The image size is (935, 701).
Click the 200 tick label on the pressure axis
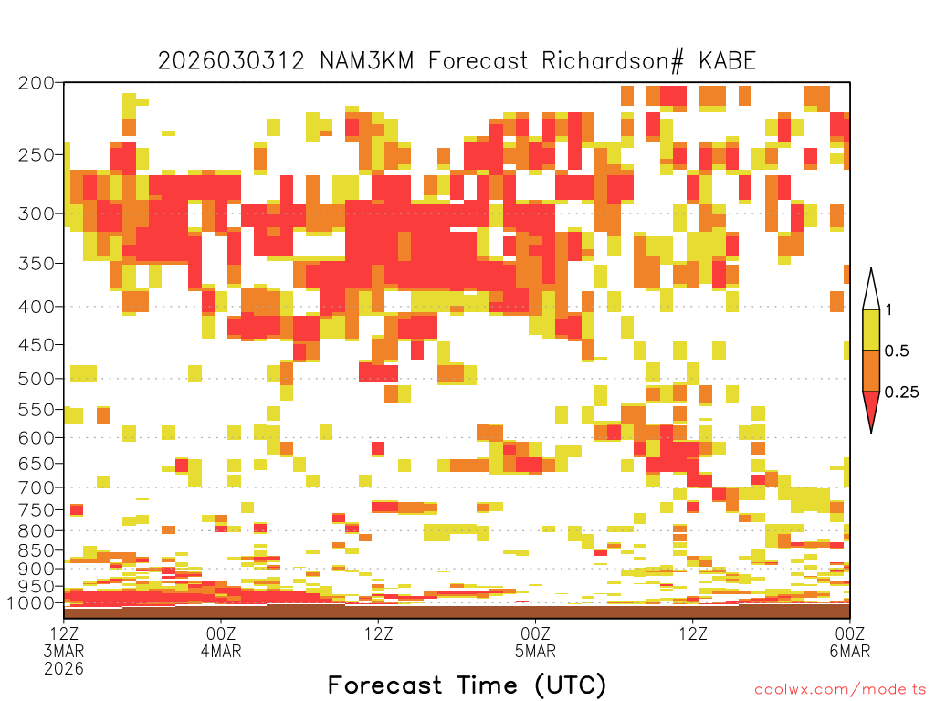point(36,83)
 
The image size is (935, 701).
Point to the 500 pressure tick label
point(36,379)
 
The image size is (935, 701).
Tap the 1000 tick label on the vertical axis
point(30,602)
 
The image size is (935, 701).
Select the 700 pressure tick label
point(36,487)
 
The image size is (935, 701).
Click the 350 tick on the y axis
point(36,264)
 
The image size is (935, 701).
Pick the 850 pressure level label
point(36,550)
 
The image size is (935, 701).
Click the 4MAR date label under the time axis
point(221,651)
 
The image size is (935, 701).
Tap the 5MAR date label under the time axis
point(535,651)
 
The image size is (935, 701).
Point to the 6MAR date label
point(849,651)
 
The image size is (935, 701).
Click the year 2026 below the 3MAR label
point(64,669)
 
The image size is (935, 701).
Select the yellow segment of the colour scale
point(871,330)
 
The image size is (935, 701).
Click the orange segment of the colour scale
point(871,371)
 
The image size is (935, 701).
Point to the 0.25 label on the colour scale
point(901,392)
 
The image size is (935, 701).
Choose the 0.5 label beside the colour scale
point(897,350)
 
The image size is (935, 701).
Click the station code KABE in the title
point(727,61)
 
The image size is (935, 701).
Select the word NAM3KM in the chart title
point(367,61)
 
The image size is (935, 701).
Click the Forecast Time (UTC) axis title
point(467,685)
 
